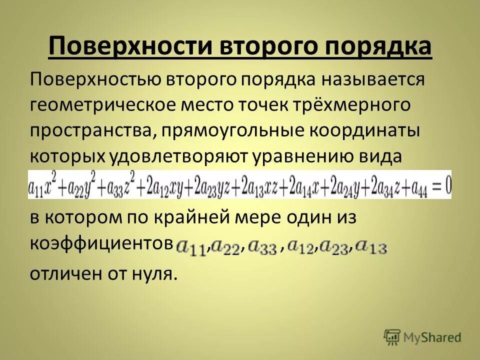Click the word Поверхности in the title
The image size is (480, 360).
click(x=129, y=48)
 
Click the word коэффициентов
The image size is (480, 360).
click(x=98, y=244)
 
